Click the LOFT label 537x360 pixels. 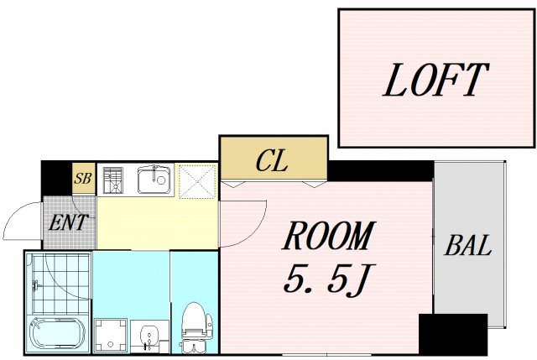tap(435, 80)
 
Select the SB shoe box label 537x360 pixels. tap(83, 178)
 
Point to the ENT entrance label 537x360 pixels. tap(68, 222)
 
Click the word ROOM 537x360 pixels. tap(329, 236)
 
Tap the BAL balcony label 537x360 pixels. tap(468, 245)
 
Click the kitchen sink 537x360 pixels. tap(154, 180)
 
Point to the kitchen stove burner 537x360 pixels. tap(113, 179)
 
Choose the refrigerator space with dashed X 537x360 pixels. tap(198, 181)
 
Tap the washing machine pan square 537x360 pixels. tap(111, 335)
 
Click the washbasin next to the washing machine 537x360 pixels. tap(149, 337)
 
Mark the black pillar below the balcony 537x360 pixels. tap(453, 334)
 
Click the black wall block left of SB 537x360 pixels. tap(57, 178)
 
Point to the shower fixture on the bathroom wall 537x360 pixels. tap(35, 285)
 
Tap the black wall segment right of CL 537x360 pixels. tap(381, 170)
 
